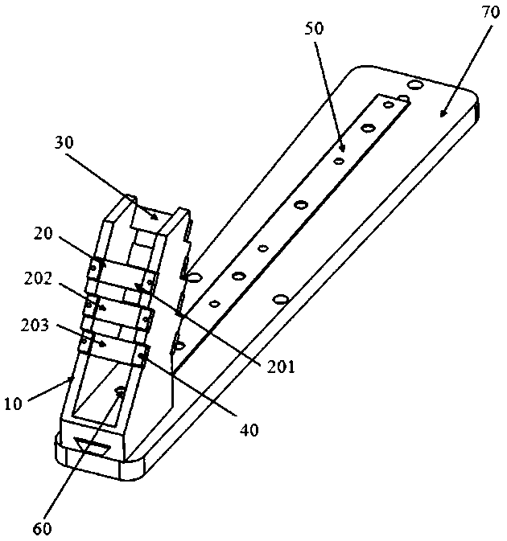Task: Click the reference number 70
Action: [490, 12]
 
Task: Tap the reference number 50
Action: [314, 28]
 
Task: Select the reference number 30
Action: [64, 142]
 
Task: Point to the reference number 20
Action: [43, 234]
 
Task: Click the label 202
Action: [38, 278]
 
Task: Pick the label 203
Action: [35, 325]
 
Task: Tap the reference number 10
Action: [13, 404]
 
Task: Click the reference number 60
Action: [43, 528]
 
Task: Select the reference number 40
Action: [249, 429]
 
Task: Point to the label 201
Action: [281, 367]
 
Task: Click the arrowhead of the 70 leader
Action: [443, 114]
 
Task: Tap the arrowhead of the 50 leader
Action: [342, 148]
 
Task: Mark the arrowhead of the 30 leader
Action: [155, 217]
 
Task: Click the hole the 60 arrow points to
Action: [121, 390]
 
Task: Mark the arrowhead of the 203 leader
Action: [102, 343]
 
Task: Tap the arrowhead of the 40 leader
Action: [142, 356]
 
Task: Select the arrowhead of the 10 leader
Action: [69, 379]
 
